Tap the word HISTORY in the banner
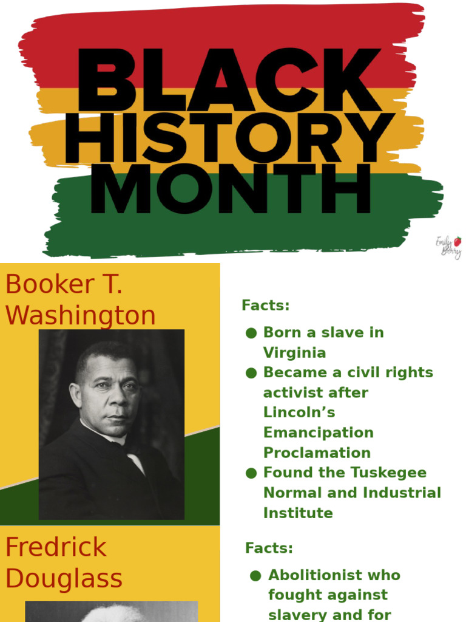[229, 138]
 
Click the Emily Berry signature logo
[449, 247]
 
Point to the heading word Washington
[80, 316]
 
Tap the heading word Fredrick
[56, 548]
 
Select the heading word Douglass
[64, 579]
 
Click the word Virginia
[294, 353]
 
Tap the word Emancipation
[318, 432]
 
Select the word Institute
[298, 513]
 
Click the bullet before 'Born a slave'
[251, 333]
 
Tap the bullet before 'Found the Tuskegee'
[251, 473]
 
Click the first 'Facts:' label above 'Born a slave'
[265, 306]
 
